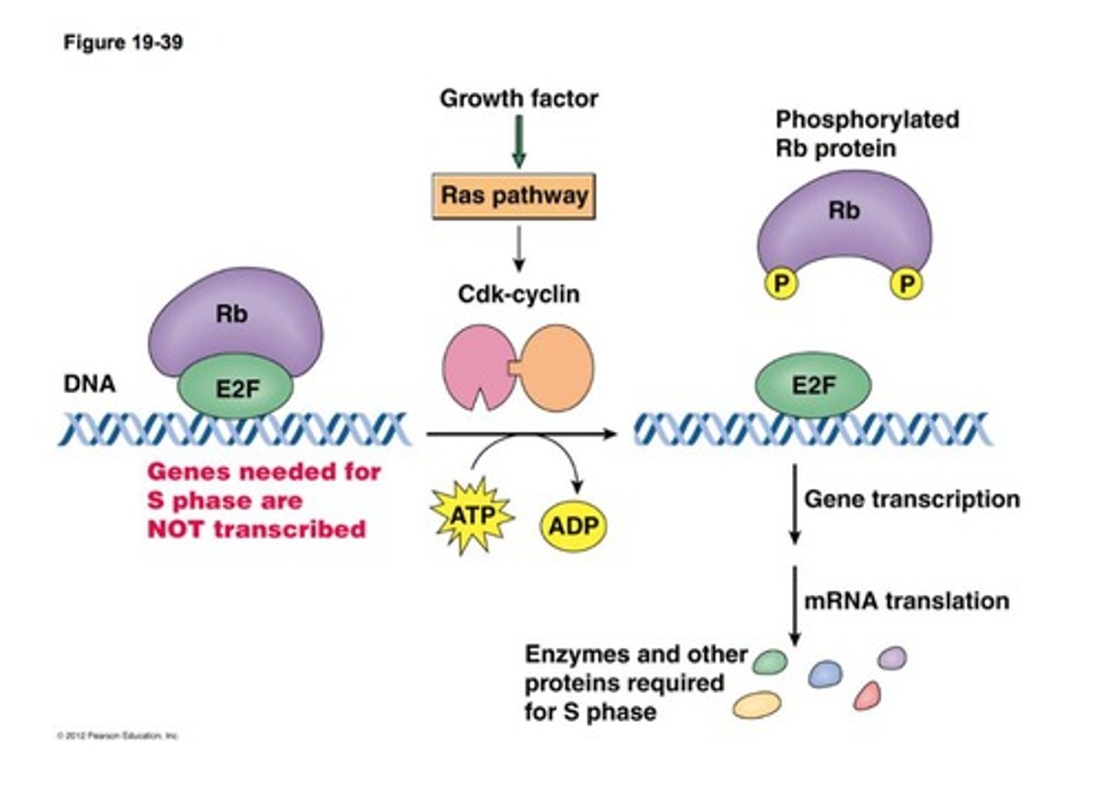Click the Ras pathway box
pyautogui.click(x=514, y=196)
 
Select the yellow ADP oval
pyautogui.click(x=573, y=526)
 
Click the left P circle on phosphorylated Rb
pyautogui.click(x=780, y=284)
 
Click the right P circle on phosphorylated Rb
pyautogui.click(x=906, y=284)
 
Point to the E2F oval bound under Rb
pyautogui.click(x=236, y=389)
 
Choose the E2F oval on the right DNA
pyautogui.click(x=813, y=385)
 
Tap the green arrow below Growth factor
pyautogui.click(x=519, y=141)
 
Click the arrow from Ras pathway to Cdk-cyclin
pyautogui.click(x=519, y=248)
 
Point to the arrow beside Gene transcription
pyautogui.click(x=794, y=504)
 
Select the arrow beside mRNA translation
pyautogui.click(x=794, y=605)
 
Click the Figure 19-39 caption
pyautogui.click(x=123, y=42)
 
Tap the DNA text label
pyautogui.click(x=89, y=383)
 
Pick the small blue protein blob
pyautogui.click(x=825, y=674)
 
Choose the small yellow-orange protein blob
pyautogui.click(x=757, y=704)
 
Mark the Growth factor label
pyautogui.click(x=518, y=98)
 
